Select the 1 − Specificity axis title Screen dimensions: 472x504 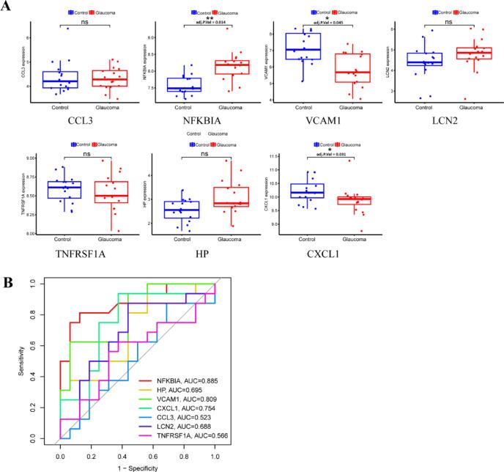[137, 467]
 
